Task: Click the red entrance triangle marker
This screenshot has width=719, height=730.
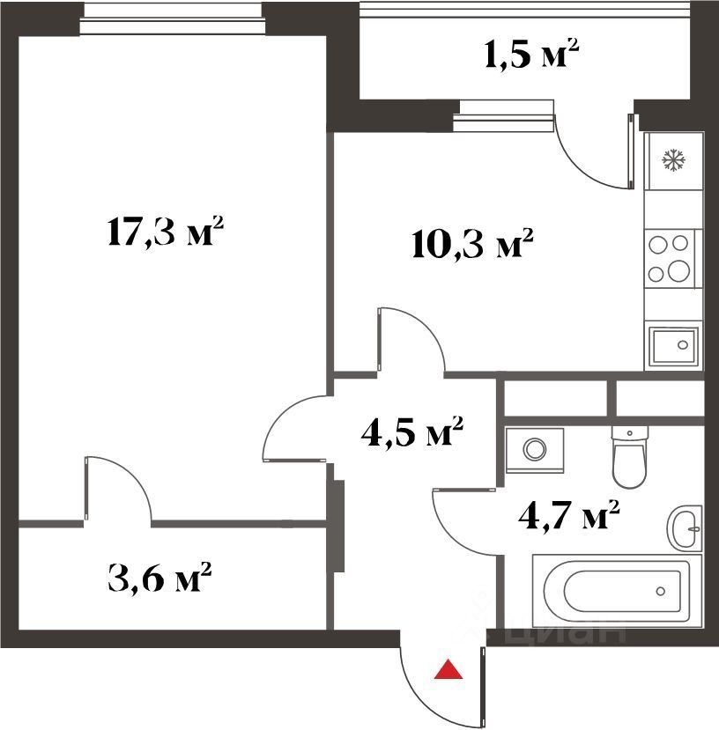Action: pyautogui.click(x=448, y=670)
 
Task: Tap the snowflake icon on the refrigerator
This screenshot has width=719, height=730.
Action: pyautogui.click(x=674, y=159)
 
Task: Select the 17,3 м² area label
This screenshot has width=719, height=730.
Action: pyautogui.click(x=165, y=231)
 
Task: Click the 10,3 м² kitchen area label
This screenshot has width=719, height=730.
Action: pyautogui.click(x=472, y=244)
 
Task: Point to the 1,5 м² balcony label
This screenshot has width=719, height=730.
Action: pyautogui.click(x=531, y=55)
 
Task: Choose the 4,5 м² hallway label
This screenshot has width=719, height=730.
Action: pyautogui.click(x=411, y=431)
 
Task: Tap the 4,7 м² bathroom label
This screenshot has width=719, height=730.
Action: pyautogui.click(x=569, y=514)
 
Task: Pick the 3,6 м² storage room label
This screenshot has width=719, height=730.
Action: pyautogui.click(x=159, y=577)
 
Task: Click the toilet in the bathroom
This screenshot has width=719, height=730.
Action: pyautogui.click(x=629, y=457)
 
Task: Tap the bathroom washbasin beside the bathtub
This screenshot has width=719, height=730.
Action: pyautogui.click(x=685, y=528)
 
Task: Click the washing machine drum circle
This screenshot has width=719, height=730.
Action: pyautogui.click(x=535, y=450)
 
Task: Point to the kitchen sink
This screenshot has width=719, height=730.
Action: pyautogui.click(x=674, y=346)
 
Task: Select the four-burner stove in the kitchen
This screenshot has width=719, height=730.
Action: pyautogui.click(x=670, y=258)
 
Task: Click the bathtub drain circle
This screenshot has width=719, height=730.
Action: pyautogui.click(x=660, y=591)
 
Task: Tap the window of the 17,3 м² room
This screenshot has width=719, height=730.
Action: pyautogui.click(x=172, y=19)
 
